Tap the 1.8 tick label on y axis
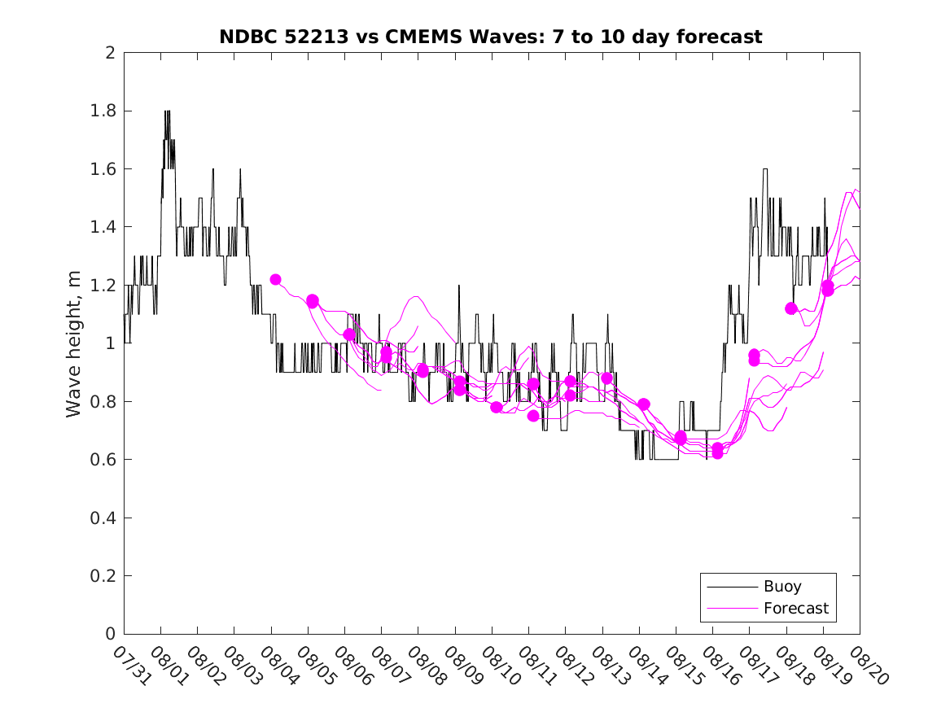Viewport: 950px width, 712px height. click(103, 111)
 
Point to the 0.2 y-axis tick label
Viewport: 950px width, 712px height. click(103, 576)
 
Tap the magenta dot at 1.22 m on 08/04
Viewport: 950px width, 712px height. click(275, 280)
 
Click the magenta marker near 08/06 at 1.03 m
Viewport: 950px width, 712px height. click(349, 334)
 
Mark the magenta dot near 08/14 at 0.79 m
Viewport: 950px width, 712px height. click(644, 404)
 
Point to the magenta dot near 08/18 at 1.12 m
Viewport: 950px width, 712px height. click(790, 308)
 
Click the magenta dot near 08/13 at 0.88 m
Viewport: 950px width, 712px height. click(606, 378)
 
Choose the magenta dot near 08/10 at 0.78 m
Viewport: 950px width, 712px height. click(497, 407)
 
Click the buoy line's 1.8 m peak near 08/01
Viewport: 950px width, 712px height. click(167, 111)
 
